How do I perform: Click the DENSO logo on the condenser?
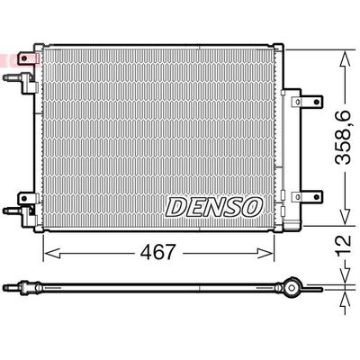point(214,207)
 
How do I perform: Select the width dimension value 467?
point(157,252)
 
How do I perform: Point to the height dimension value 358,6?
point(343,138)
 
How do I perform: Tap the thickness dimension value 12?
point(343,246)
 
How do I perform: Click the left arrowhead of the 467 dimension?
point(53,254)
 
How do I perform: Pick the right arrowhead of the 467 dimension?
point(265,254)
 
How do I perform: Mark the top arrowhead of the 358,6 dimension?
point(346,59)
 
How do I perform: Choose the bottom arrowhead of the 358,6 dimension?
point(346,217)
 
